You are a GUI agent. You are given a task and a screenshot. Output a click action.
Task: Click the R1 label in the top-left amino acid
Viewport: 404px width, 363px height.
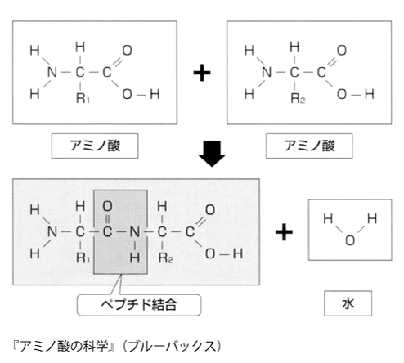pyautogui.click(x=83, y=98)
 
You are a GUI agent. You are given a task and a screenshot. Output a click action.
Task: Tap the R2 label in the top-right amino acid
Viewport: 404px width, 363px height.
pyautogui.click(x=298, y=98)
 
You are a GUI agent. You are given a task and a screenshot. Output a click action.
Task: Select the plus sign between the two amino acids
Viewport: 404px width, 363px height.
pyautogui.click(x=202, y=73)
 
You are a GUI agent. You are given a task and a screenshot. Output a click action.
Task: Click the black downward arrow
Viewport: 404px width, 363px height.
pyautogui.click(x=212, y=154)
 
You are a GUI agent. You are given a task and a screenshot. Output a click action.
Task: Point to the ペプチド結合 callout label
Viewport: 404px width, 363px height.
pyautogui.click(x=139, y=305)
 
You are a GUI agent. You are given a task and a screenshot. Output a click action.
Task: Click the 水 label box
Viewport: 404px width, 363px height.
pyautogui.click(x=348, y=303)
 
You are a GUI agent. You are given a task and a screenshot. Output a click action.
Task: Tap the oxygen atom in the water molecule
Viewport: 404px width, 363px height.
pyautogui.click(x=350, y=240)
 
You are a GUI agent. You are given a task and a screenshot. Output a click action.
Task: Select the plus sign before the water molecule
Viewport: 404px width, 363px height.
pyautogui.click(x=284, y=232)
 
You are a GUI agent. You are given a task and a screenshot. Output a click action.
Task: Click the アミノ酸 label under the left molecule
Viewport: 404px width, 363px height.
pyautogui.click(x=95, y=146)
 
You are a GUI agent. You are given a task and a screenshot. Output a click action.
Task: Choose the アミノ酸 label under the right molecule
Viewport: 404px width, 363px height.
pyautogui.click(x=309, y=146)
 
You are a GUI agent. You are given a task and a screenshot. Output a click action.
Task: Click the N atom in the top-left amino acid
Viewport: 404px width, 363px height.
pyautogui.click(x=52, y=73)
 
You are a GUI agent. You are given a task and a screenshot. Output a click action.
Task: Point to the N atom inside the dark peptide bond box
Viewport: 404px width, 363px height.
pyautogui.click(x=135, y=232)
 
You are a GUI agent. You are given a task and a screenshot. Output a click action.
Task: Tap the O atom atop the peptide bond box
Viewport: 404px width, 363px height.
pyautogui.click(x=107, y=207)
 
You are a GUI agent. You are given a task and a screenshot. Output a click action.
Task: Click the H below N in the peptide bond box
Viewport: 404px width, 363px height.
pyautogui.click(x=135, y=258)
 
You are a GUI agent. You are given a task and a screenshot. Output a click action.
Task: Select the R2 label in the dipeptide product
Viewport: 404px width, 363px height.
pyautogui.click(x=166, y=258)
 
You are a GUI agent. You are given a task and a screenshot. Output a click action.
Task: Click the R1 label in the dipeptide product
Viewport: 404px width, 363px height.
pyautogui.click(x=83, y=258)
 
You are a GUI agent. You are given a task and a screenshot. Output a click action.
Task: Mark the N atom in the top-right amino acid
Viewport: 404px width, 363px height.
pyautogui.click(x=267, y=73)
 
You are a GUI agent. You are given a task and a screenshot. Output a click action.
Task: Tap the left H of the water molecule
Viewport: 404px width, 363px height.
pyautogui.click(x=328, y=219)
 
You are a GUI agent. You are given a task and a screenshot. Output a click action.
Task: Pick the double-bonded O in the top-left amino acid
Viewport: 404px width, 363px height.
pyautogui.click(x=128, y=51)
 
